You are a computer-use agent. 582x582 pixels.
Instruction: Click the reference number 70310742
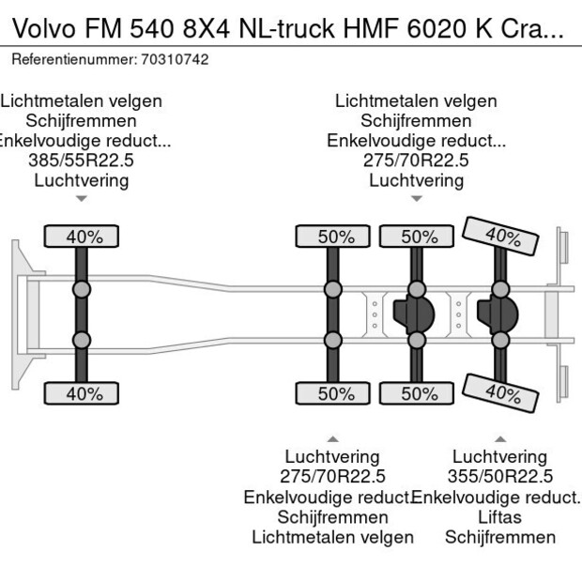point(175,59)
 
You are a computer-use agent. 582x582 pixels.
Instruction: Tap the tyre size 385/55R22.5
point(82,161)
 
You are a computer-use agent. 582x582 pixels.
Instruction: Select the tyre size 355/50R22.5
point(500,477)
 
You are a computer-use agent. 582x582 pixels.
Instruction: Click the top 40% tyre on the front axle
point(83,237)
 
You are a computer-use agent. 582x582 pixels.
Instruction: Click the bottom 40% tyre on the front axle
point(83,394)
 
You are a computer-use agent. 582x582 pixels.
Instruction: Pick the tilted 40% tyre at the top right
point(502,236)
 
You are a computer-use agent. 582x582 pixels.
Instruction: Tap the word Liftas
point(499,517)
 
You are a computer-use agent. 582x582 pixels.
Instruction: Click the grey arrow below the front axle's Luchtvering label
point(82,198)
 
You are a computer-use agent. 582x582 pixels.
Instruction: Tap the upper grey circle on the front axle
point(83,288)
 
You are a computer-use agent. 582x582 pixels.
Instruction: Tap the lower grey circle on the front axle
point(83,340)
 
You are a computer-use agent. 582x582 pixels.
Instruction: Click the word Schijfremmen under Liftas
point(499,537)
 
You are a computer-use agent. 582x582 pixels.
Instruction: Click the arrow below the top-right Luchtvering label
point(416,198)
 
